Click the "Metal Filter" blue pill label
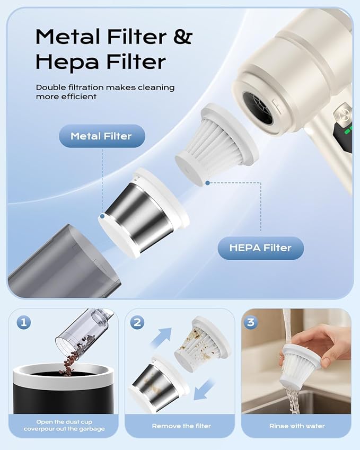click(102, 136)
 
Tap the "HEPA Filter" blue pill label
click(260, 248)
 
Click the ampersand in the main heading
click(182, 37)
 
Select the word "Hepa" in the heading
click(67, 61)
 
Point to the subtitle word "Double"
click(51, 87)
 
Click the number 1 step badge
click(23, 322)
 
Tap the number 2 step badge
click(137, 322)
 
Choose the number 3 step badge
click(251, 322)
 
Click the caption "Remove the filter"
click(181, 426)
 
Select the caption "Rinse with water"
click(297, 426)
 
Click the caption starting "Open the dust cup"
click(64, 425)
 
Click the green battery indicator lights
click(348, 130)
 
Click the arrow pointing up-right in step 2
click(161, 337)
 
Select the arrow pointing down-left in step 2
click(204, 390)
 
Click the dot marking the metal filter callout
click(102, 216)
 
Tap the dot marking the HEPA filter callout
click(207, 183)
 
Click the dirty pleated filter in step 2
click(203, 344)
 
